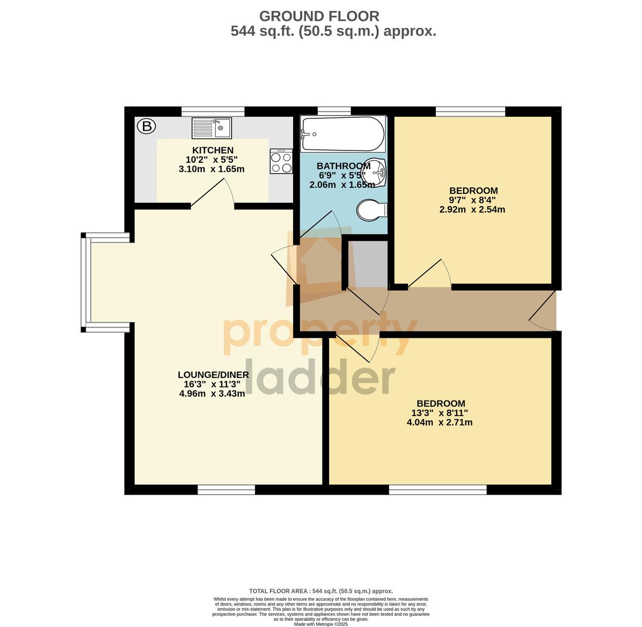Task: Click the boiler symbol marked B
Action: (146, 126)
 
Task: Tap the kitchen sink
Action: (211, 128)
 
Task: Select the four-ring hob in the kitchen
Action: (281, 161)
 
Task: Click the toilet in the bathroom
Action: (372, 210)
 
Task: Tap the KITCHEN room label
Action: (213, 150)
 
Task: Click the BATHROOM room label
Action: (343, 166)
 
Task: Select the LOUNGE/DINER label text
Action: (213, 375)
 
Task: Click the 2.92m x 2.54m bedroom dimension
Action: (472, 209)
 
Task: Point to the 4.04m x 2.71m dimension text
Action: (439, 422)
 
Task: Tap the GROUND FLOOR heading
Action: (319, 16)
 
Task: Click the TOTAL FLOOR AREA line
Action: (321, 591)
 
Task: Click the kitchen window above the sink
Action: (213, 111)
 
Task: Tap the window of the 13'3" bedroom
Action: (438, 489)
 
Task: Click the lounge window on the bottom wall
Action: (226, 489)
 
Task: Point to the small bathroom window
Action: (334, 111)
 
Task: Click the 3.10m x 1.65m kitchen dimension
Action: (211, 169)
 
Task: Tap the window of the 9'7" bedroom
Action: (470, 111)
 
